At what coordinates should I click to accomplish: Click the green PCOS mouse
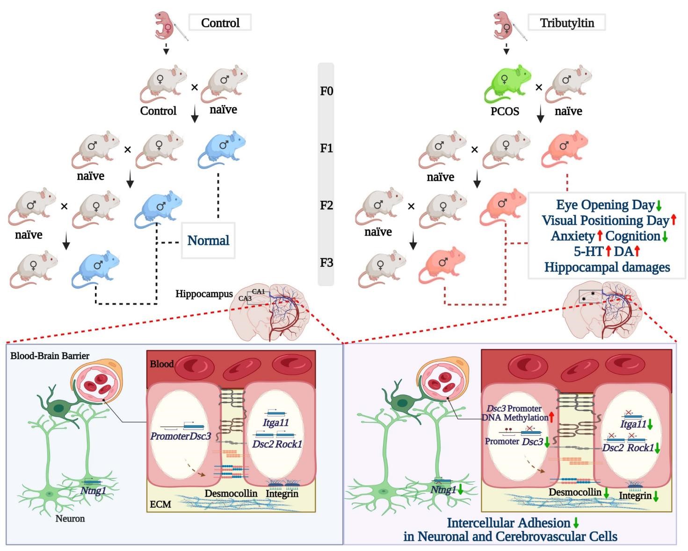[507, 84]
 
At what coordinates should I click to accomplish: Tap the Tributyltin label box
[567, 23]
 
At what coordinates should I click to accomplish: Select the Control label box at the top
[220, 22]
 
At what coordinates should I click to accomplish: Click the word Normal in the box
[208, 241]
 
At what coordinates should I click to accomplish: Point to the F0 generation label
[326, 91]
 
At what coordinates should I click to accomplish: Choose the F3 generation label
[326, 263]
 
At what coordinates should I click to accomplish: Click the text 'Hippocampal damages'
[607, 267]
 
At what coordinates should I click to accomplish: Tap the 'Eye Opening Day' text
[605, 205]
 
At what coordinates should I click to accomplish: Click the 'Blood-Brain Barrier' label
[50, 356]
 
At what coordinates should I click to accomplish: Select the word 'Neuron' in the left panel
[70, 519]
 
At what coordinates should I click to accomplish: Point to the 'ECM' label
[160, 504]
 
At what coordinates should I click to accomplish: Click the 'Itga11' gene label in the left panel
[275, 423]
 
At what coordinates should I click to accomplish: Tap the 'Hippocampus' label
[204, 294]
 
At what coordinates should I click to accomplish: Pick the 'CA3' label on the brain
[245, 298]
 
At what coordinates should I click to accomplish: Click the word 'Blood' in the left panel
[162, 364]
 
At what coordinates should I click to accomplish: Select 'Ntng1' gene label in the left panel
[93, 491]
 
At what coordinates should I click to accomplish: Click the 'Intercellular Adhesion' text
[508, 523]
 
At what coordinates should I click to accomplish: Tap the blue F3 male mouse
[94, 268]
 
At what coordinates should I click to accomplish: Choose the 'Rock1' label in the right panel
[640, 448]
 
